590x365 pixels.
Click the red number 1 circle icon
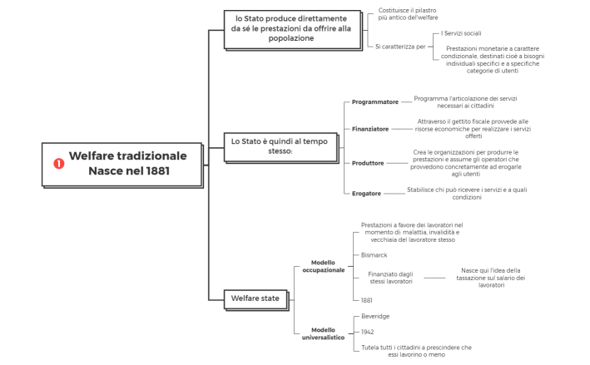pos(59,164)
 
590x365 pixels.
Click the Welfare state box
pos(255,299)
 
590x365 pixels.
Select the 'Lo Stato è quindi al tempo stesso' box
pos(280,147)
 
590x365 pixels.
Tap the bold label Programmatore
pos(374,102)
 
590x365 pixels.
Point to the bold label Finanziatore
pos(370,129)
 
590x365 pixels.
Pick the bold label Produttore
pos(368,163)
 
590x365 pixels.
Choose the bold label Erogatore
pos(366,194)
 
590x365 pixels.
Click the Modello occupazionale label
pos(323,266)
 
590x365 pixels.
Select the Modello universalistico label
pos(323,333)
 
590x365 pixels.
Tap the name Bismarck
pos(374,255)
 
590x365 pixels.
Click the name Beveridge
pos(375,316)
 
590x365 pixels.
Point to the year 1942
pos(367,332)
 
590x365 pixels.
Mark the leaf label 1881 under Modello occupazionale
pos(366,300)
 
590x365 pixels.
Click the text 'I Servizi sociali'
pos(461,33)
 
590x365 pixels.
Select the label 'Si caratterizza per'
pos(400,47)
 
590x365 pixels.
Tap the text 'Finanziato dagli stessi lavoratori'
pos(390,278)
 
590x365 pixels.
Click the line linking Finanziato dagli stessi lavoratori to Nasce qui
pos(434,278)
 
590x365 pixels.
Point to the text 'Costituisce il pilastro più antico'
pos(408,14)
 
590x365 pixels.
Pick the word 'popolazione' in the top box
pos(291,38)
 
